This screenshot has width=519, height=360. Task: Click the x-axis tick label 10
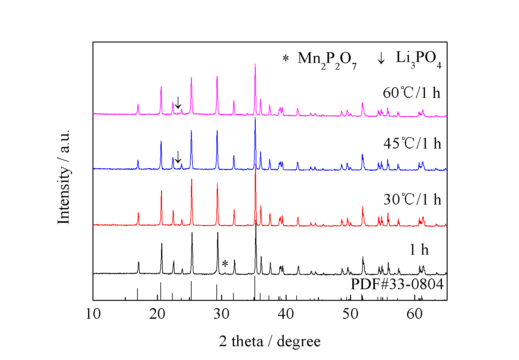pos(93,314)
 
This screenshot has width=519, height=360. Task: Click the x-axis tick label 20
pos(157,314)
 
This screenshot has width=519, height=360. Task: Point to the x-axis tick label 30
pos(222,314)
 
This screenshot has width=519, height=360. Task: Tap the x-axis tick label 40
pos(286,314)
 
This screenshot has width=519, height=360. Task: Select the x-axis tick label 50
pos(350,314)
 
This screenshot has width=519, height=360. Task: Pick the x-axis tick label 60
pos(415,314)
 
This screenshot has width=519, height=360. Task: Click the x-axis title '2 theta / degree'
pos(270,341)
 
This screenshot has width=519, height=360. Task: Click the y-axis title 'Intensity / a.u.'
pos(64,177)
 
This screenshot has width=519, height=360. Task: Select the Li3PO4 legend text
pos(418,59)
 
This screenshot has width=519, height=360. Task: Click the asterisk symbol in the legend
pos(286,59)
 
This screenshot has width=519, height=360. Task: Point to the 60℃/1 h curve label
pos(411,93)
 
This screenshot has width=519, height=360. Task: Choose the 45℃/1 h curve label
pos(412,143)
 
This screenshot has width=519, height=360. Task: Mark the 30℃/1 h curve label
pos(412,200)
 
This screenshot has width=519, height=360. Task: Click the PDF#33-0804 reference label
pos(397,284)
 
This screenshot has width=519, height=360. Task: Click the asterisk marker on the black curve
pos(225,264)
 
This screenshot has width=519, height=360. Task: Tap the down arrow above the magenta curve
pos(178,103)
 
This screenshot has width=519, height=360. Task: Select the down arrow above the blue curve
pos(178,157)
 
